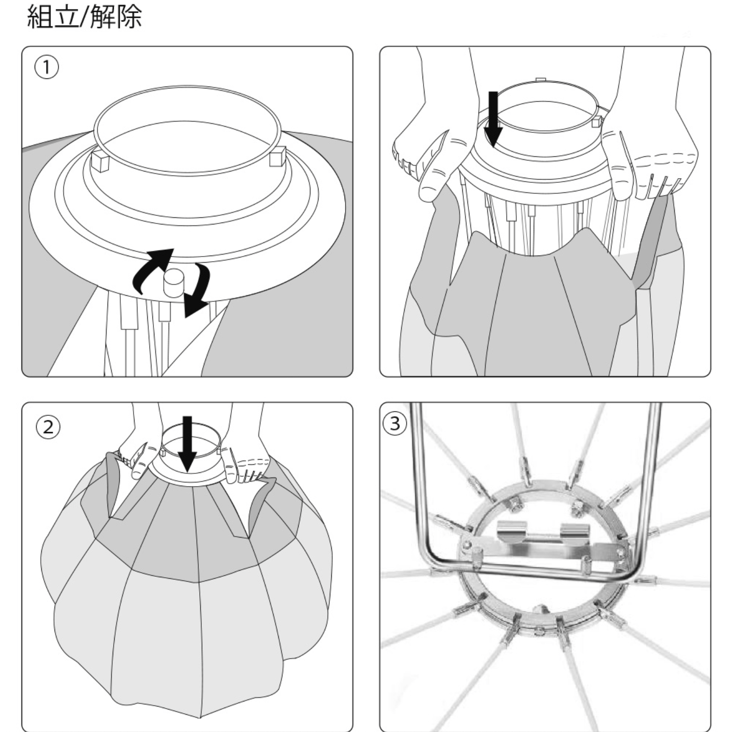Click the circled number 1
pos(46,67)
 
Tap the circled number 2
pos(47,427)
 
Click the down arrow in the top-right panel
pos(493,119)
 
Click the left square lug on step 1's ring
pos(100,162)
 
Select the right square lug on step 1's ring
pos(277,157)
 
